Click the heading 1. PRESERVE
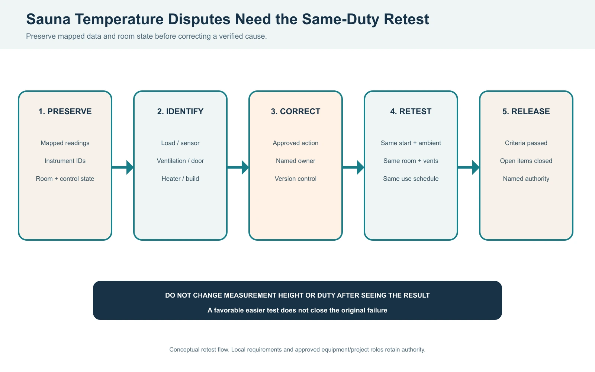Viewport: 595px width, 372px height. click(x=65, y=111)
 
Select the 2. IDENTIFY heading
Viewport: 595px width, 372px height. click(x=180, y=111)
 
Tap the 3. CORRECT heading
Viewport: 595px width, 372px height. click(x=296, y=111)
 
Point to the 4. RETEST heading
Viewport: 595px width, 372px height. click(x=411, y=111)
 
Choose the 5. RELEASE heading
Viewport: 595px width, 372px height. click(x=526, y=111)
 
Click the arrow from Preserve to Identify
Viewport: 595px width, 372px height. click(x=123, y=167)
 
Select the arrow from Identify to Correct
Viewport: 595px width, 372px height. click(x=238, y=167)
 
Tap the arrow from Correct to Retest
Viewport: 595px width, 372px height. click(x=353, y=167)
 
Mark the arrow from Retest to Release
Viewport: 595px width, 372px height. click(x=469, y=167)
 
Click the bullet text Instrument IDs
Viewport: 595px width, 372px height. click(x=65, y=161)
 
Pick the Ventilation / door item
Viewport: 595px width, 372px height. click(x=180, y=161)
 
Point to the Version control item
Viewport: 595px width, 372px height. click(x=296, y=179)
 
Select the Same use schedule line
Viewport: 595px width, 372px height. click(x=411, y=179)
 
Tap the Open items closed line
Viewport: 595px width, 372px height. click(x=526, y=161)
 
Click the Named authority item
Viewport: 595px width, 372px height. click(x=526, y=179)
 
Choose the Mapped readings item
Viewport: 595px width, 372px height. click(x=65, y=143)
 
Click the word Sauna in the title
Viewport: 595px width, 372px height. click(x=48, y=19)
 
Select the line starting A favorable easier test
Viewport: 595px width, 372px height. click(x=297, y=310)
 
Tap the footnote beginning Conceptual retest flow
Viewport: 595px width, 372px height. click(x=297, y=349)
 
